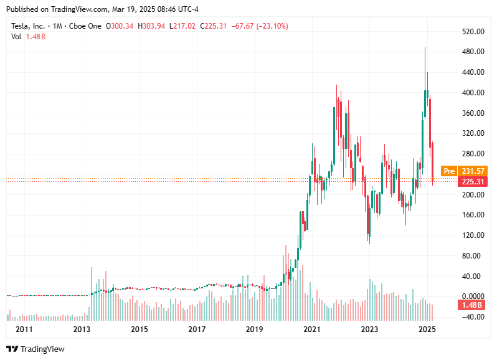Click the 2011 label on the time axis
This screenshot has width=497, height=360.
click(x=24, y=329)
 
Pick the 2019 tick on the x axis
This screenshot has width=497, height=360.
click(x=254, y=329)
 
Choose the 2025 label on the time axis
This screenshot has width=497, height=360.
click(x=427, y=329)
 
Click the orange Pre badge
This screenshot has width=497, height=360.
click(x=448, y=171)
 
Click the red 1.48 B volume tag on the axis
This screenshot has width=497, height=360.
click(x=472, y=305)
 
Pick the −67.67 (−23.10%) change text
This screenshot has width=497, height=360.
click(x=260, y=26)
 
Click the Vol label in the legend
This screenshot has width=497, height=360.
click(x=16, y=37)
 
